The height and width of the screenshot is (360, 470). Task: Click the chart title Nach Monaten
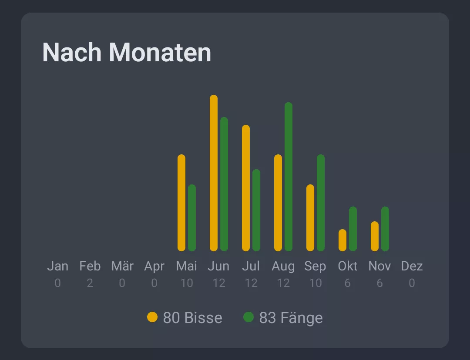[x=127, y=53]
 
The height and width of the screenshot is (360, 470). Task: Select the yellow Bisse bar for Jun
[x=214, y=173]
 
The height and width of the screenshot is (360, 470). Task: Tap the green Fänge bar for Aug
[x=289, y=177]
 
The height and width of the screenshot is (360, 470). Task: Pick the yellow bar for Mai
[x=181, y=203]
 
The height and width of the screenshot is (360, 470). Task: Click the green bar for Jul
[x=256, y=210]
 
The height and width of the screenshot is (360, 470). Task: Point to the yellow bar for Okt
[x=342, y=240]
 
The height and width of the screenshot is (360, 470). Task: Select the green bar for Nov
[x=385, y=229]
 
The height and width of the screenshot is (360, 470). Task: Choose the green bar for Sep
[x=321, y=203]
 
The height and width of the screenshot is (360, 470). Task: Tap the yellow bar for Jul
[x=246, y=188]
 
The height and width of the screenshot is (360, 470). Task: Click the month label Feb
[x=90, y=266]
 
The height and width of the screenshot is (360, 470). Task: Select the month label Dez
[x=412, y=266]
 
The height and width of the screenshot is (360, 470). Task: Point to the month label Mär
[x=122, y=266]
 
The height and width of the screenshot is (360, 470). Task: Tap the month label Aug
[x=283, y=266]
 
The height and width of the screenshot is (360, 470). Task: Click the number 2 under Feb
[x=90, y=283]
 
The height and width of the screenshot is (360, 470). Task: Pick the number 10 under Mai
[x=187, y=283]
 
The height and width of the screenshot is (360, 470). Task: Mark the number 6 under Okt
[x=347, y=283]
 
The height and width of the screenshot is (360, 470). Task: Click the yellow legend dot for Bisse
[x=152, y=317]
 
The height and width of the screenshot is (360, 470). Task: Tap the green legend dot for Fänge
[x=248, y=317]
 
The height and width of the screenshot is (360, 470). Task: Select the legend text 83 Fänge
[x=291, y=318]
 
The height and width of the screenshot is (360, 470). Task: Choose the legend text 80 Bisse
[x=192, y=318]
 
